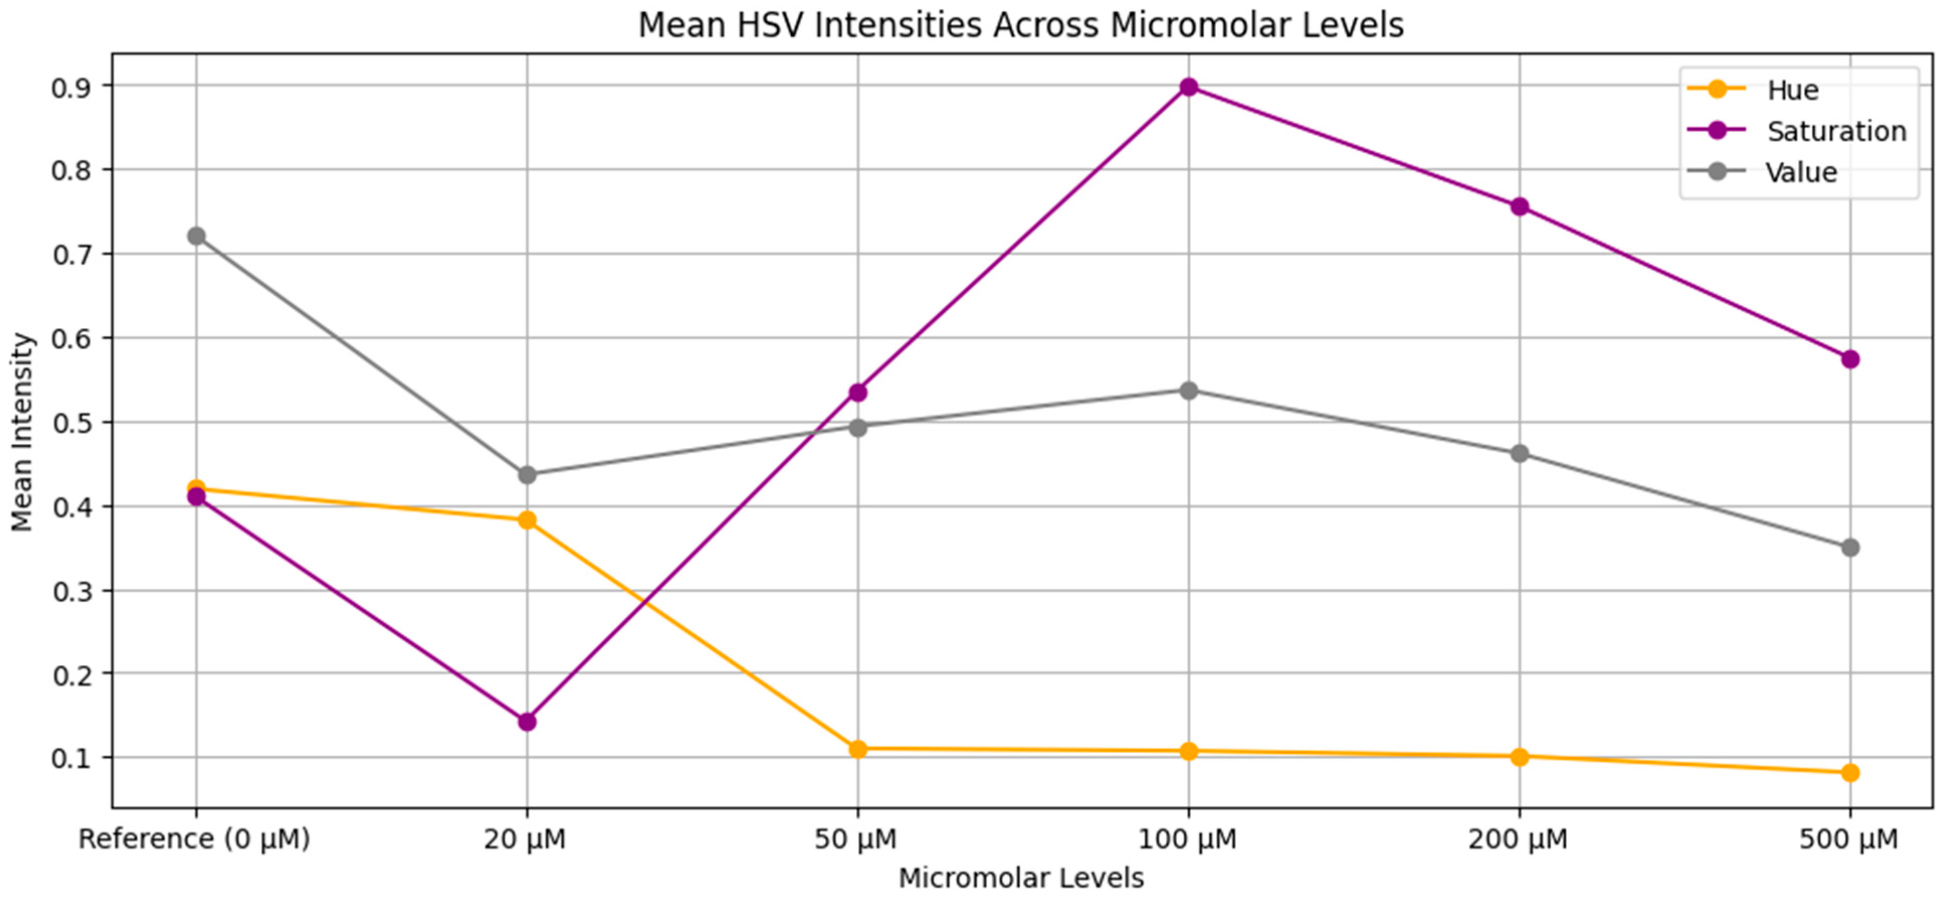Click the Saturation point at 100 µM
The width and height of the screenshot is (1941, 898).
point(1189,87)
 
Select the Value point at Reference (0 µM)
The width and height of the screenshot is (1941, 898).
point(197,236)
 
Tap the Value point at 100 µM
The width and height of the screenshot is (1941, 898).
point(1189,390)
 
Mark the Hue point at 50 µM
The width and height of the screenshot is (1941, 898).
point(858,749)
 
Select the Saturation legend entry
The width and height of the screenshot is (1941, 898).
point(1797,131)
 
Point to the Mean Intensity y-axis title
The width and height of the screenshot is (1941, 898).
point(22,432)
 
